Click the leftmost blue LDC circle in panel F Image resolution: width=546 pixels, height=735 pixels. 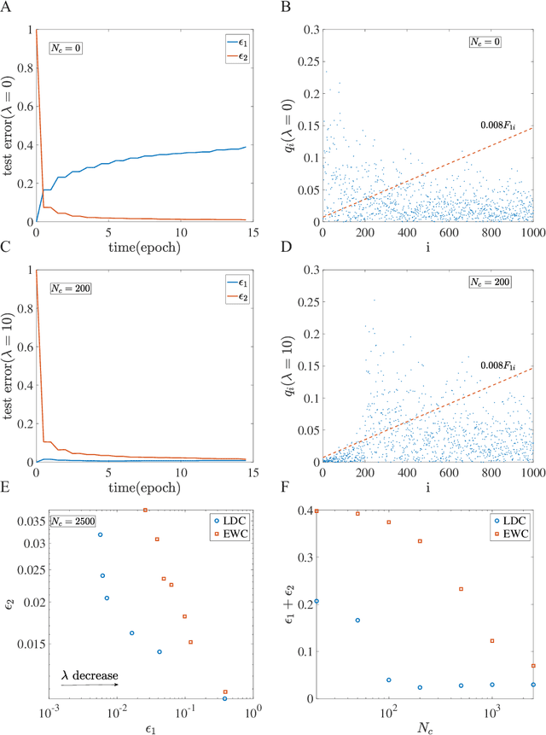(317, 601)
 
